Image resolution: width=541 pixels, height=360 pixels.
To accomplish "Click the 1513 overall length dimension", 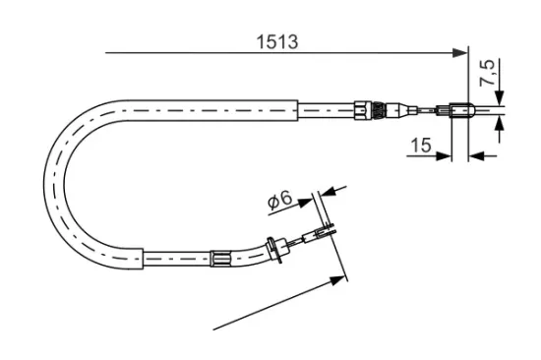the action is [x=276, y=41].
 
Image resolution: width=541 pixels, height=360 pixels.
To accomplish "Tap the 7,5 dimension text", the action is [x=487, y=73].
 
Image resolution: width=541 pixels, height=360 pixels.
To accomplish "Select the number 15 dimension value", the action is [x=421, y=145].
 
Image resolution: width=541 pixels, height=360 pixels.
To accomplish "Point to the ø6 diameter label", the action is [x=279, y=201].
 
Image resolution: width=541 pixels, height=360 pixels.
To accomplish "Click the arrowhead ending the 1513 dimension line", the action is [x=460, y=53].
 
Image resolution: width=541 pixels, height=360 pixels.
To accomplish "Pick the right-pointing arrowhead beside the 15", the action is [x=444, y=156].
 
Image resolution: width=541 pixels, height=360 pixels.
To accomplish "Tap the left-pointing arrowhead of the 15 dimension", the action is [x=477, y=156].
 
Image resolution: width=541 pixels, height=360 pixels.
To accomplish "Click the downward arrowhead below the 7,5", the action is [x=500, y=97].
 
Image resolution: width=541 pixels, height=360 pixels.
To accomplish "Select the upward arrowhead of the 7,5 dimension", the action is [x=500, y=124].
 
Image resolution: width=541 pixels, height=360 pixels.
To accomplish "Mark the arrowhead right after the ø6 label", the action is [x=305, y=203].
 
